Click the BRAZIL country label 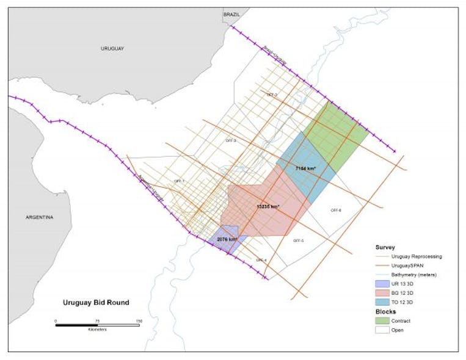(231, 13)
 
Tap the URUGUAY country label (112, 48)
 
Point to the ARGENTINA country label (40, 217)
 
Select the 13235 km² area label (268, 207)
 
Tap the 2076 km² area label (227, 240)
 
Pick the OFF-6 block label (336, 210)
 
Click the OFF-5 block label (299, 240)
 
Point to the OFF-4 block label (261, 260)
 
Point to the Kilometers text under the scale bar (96, 330)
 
